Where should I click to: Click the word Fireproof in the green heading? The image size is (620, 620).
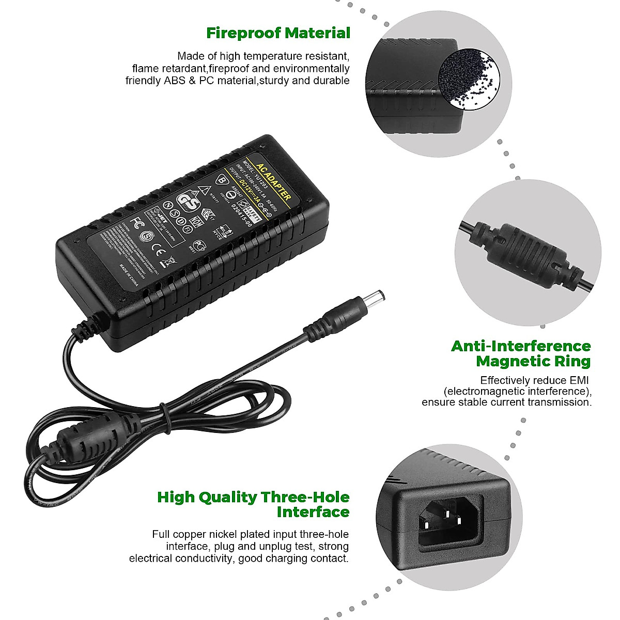point(243,33)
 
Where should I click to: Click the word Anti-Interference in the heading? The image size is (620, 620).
point(521,346)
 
